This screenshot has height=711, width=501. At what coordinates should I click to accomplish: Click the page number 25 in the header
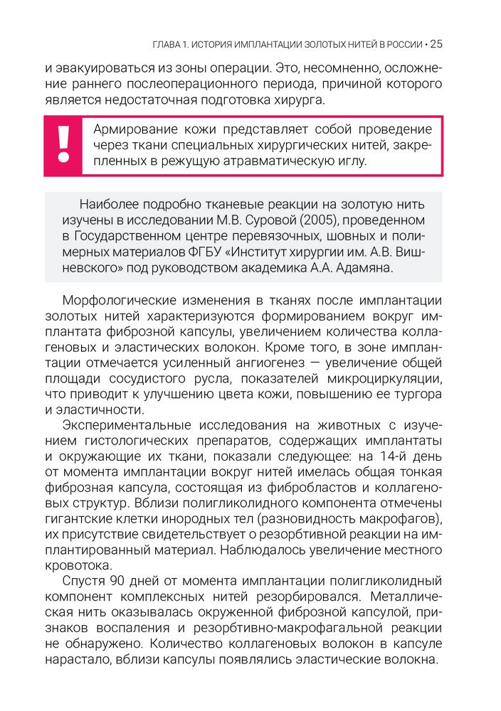tap(436, 44)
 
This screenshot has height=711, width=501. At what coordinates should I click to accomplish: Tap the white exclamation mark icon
tap(65, 144)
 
